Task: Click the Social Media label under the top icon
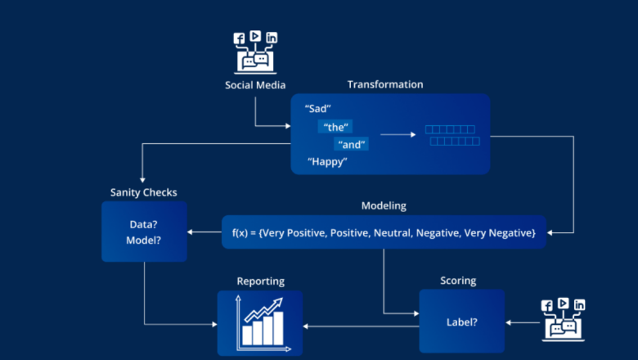pyautogui.click(x=255, y=84)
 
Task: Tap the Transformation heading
pyautogui.click(x=385, y=84)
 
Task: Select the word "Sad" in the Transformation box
pyautogui.click(x=317, y=108)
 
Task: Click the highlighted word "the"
pyautogui.click(x=336, y=127)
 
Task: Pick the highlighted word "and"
pyautogui.click(x=353, y=144)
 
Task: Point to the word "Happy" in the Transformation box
pyautogui.click(x=327, y=162)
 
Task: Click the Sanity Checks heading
pyautogui.click(x=143, y=192)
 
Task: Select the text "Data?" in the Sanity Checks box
pyautogui.click(x=144, y=224)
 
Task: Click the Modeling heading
pyautogui.click(x=384, y=205)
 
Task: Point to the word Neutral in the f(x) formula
pyautogui.click(x=393, y=233)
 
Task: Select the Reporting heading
pyautogui.click(x=260, y=281)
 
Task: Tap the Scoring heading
pyautogui.click(x=458, y=281)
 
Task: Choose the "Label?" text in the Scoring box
pyautogui.click(x=463, y=322)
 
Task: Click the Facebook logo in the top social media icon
pyautogui.click(x=240, y=38)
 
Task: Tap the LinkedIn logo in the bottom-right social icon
pyautogui.click(x=580, y=305)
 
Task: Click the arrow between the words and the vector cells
pyautogui.click(x=397, y=134)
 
